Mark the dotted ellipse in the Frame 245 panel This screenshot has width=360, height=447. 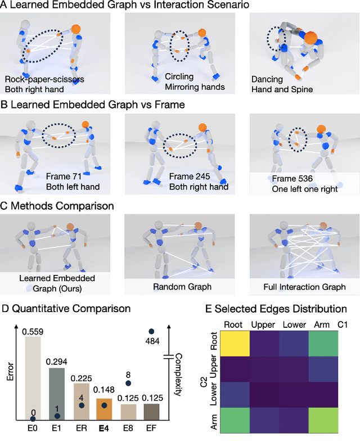click(180, 146)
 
